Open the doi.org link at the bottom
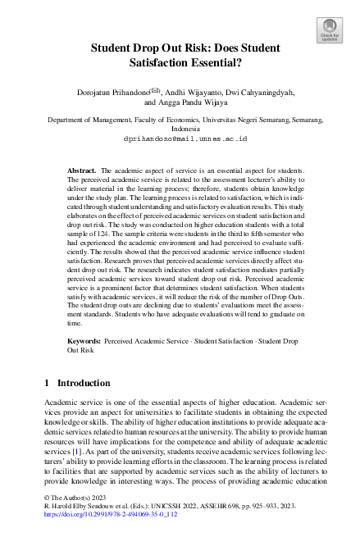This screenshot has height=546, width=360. (x=104, y=539)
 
